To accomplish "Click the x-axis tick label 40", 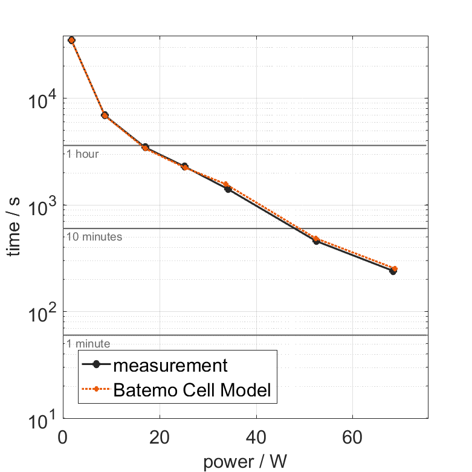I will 256,437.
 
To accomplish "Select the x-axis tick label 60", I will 352,437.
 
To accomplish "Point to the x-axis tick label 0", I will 63,437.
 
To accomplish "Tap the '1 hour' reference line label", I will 82,154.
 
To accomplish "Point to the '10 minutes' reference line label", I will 94,237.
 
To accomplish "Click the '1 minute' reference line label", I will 88,344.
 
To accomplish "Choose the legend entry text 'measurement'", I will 170,366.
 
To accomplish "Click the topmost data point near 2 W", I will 72,40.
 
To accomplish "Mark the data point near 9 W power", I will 105,115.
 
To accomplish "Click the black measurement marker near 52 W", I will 316,241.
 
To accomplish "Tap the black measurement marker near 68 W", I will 393,271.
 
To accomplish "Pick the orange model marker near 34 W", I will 227,184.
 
